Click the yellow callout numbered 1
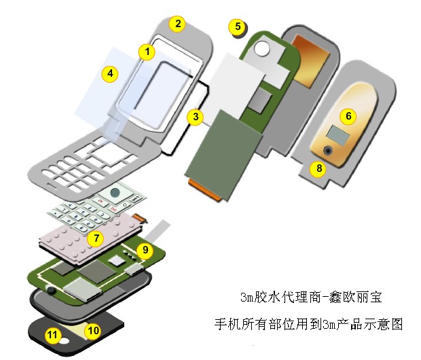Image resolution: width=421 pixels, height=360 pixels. pyautogui.click(x=147, y=51)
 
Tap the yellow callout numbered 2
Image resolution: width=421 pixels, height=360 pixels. pyautogui.click(x=177, y=24)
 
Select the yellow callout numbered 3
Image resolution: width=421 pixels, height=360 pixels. pyautogui.click(x=196, y=117)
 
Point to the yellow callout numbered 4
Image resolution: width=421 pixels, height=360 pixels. pyautogui.click(x=110, y=73)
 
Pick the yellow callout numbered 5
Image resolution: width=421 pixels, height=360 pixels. pyautogui.click(x=237, y=27)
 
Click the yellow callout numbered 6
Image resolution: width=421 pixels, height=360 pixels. pyautogui.click(x=348, y=116)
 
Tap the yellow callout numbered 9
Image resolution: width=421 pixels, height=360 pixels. pyautogui.click(x=144, y=250)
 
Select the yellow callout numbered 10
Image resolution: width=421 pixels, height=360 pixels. pyautogui.click(x=94, y=330)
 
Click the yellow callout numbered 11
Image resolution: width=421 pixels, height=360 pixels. pyautogui.click(x=52, y=334)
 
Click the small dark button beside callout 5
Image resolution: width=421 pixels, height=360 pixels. pyautogui.click(x=236, y=36)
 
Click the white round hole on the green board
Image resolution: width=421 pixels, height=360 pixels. pyautogui.click(x=262, y=48)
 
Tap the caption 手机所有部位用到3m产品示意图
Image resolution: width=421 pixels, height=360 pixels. pyautogui.click(x=308, y=324)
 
